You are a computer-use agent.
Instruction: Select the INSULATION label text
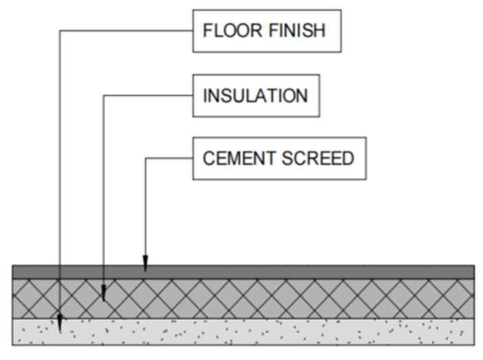click(x=255, y=95)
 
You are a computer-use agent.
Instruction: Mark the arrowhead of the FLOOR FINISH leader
click(x=60, y=322)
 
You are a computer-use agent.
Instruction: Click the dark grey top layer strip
click(x=275, y=271)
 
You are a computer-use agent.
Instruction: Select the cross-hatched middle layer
click(x=275, y=298)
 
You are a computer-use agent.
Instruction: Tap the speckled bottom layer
click(x=275, y=330)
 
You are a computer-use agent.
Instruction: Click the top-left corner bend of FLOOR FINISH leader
click(x=60, y=30)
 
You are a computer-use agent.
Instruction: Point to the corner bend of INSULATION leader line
click(x=103, y=95)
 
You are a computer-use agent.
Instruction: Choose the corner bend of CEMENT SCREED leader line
click(x=145, y=159)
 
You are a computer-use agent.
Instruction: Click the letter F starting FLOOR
click(x=207, y=30)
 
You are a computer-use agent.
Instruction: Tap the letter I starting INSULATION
click(x=205, y=95)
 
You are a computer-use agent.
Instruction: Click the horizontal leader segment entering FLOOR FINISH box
click(x=127, y=30)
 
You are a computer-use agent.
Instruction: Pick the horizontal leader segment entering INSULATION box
click(x=148, y=95)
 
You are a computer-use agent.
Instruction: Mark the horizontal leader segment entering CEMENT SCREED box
click(x=169, y=159)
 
